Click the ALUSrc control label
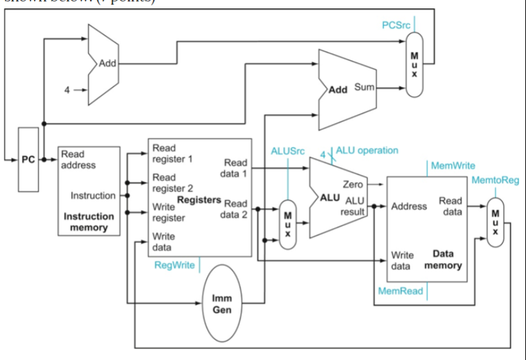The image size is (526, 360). pyautogui.click(x=287, y=150)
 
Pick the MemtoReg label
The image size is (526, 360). pyautogui.click(x=495, y=180)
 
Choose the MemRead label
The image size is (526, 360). pyautogui.click(x=401, y=291)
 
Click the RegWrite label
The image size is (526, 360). pyautogui.click(x=174, y=265)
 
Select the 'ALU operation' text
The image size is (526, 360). pyautogui.click(x=368, y=150)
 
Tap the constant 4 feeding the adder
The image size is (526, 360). pyautogui.click(x=66, y=90)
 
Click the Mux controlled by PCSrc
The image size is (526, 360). pyautogui.click(x=414, y=65)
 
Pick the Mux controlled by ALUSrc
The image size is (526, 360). pyautogui.click(x=287, y=224)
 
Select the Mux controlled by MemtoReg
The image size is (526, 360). pyautogui.click(x=494, y=222)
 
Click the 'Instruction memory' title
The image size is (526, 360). pyautogui.click(x=89, y=222)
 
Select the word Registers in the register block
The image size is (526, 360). pyautogui.click(x=199, y=200)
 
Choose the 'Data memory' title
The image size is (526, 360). pyautogui.click(x=443, y=260)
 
